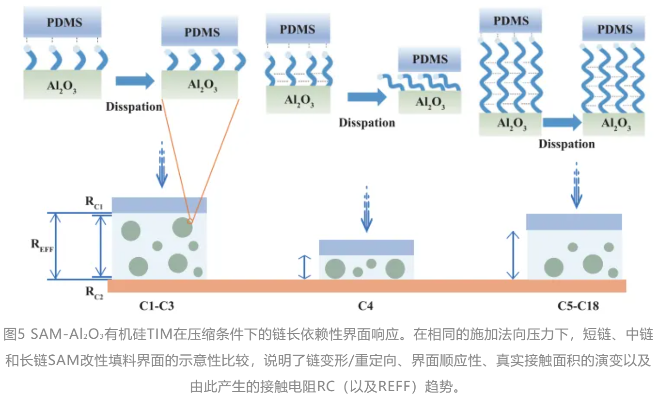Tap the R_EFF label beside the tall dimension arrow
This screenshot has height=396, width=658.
click(x=42, y=246)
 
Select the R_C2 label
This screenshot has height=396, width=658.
click(x=94, y=292)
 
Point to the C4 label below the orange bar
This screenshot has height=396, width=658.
click(x=366, y=306)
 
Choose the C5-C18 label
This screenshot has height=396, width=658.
click(x=578, y=306)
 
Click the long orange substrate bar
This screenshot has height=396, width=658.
click(x=366, y=286)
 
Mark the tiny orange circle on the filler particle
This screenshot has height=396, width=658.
click(x=189, y=221)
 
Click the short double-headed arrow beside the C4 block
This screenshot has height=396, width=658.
click(x=304, y=267)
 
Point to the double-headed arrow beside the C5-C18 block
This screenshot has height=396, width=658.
click(x=513, y=255)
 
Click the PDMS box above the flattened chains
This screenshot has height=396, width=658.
click(x=429, y=59)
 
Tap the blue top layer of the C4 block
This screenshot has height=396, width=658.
click(x=366, y=247)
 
